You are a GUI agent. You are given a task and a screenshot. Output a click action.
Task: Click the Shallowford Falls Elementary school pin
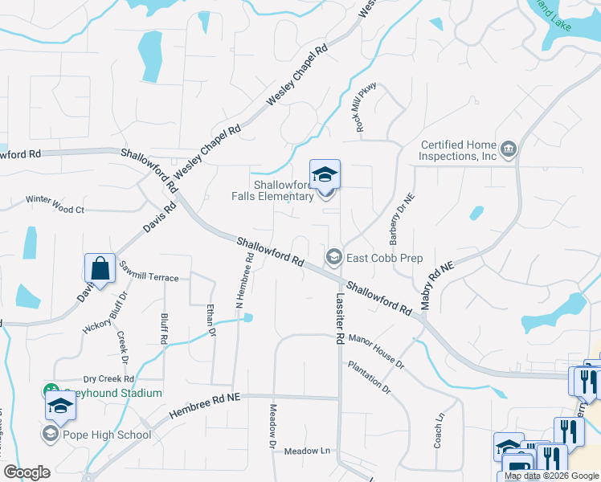click(x=325, y=174)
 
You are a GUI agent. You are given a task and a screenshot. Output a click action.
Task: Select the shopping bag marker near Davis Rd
click(x=100, y=269)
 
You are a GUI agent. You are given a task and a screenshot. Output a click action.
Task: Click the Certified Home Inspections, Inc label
click(x=460, y=150)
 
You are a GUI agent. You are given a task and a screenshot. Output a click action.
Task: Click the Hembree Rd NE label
click(x=205, y=408)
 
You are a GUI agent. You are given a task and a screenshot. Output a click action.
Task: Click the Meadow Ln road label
click(x=307, y=451)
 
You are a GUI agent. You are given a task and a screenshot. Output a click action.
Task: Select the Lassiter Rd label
click(x=336, y=317)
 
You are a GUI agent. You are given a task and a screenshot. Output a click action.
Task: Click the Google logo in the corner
click(x=27, y=472)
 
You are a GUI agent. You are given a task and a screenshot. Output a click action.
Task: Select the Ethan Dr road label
click(x=211, y=320)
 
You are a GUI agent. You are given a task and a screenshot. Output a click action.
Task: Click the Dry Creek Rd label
click(x=108, y=378)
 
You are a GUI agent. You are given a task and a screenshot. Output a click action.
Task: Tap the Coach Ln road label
click(x=439, y=431)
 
